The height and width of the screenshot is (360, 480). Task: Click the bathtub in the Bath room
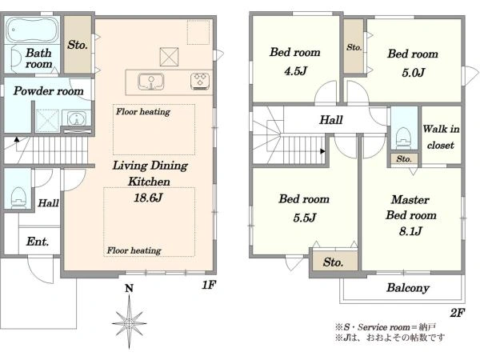click(32, 30)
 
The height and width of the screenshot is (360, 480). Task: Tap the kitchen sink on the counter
click(150, 82)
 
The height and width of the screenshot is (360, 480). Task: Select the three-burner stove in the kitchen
click(200, 81)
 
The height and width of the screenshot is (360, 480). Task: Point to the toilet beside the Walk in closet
click(403, 138)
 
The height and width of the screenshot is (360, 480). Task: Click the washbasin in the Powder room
click(76, 118)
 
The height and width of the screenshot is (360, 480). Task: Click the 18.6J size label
click(148, 198)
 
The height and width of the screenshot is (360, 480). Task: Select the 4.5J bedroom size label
click(295, 71)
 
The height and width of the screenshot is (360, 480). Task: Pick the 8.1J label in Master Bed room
click(410, 231)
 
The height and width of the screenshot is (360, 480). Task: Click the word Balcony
click(408, 288)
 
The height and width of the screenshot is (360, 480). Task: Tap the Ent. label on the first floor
click(38, 242)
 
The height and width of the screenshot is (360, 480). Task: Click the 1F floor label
click(209, 285)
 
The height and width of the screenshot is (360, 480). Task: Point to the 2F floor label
click(458, 313)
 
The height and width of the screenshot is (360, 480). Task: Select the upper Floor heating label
click(143, 112)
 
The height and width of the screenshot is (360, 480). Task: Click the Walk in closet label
click(441, 137)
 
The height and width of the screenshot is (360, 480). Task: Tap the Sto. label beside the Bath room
click(78, 45)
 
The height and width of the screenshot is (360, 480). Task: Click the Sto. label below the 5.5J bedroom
click(333, 262)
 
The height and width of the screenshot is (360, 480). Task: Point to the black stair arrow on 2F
click(322, 151)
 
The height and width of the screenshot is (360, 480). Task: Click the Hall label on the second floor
click(331, 120)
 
